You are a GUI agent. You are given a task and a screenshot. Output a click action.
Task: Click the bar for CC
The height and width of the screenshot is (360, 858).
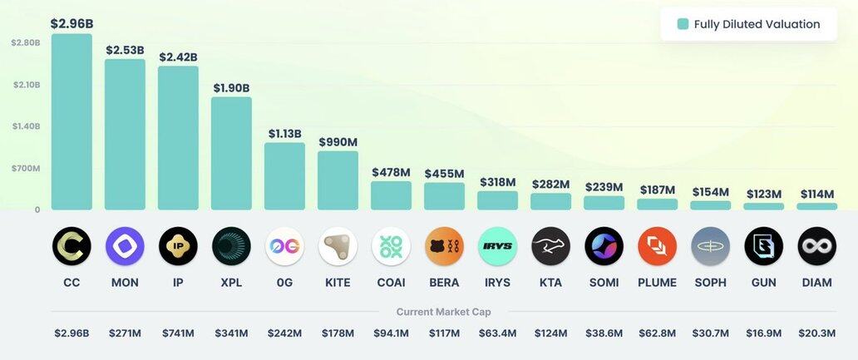pos(71,121)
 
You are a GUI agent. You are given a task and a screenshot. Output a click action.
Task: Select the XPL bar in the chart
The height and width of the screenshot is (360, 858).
pos(231,153)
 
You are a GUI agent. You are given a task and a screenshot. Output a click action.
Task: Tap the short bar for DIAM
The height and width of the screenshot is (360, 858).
pos(817,206)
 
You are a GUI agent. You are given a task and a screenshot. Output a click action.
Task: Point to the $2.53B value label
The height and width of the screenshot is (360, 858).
pos(125,50)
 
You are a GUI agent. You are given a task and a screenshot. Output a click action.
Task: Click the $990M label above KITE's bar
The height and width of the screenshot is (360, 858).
pos(338,142)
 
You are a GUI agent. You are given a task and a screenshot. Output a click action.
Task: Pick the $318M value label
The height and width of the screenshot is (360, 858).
pos(498,182)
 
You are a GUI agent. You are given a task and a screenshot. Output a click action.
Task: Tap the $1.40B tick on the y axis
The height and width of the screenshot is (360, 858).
pos(26,126)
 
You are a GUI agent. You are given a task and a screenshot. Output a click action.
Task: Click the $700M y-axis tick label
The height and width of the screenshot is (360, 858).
pos(26,168)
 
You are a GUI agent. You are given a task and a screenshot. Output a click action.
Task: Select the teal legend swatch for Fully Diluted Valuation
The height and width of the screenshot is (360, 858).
pos(683,24)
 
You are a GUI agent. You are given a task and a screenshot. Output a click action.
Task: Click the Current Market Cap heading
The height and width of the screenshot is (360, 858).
pos(444,312)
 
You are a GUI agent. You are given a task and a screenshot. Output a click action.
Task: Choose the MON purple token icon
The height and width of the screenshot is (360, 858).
pos(125,246)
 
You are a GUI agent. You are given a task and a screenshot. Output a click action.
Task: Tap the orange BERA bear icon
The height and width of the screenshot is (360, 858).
pos(444,246)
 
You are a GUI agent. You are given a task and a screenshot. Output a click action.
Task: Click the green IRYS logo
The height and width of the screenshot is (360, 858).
pos(497,246)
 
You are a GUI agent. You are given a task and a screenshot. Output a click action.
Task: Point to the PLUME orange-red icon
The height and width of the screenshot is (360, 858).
pos(657,246)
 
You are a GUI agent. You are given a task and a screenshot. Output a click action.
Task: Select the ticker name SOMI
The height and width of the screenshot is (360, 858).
pos(604,283)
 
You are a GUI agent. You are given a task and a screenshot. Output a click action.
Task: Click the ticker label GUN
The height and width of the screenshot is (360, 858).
pos(763,283)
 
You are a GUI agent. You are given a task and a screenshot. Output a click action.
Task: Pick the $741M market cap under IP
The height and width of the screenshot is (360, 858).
pos(178,333)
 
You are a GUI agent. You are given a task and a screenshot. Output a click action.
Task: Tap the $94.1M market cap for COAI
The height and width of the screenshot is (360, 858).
pos(391,333)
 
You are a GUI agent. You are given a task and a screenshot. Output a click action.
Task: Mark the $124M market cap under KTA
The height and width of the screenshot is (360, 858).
pos(550,333)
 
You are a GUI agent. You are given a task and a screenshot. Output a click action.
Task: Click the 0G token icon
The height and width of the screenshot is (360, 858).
pos(284,246)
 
